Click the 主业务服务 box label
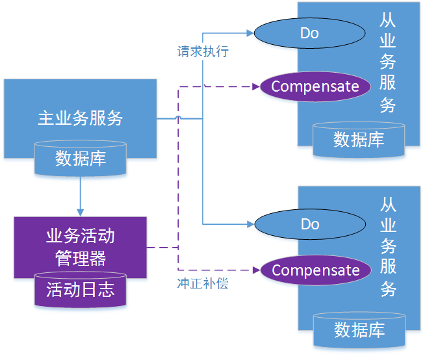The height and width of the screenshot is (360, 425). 80,118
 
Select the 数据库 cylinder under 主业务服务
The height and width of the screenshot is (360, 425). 80,159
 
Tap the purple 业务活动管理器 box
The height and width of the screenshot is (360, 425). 80,247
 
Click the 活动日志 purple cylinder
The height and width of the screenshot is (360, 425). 80,290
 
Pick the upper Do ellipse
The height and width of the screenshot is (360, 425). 309,32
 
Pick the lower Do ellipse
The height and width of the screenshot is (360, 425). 309,224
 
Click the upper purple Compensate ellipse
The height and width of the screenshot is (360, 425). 315,86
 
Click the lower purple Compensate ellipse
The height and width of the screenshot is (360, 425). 315,270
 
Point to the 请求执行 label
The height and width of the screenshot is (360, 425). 203,51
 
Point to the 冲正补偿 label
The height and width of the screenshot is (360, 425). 203,283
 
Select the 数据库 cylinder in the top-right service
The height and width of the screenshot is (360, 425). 358,139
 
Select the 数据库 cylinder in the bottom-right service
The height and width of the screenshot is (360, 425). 358,329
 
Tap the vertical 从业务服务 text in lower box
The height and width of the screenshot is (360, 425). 388,247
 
